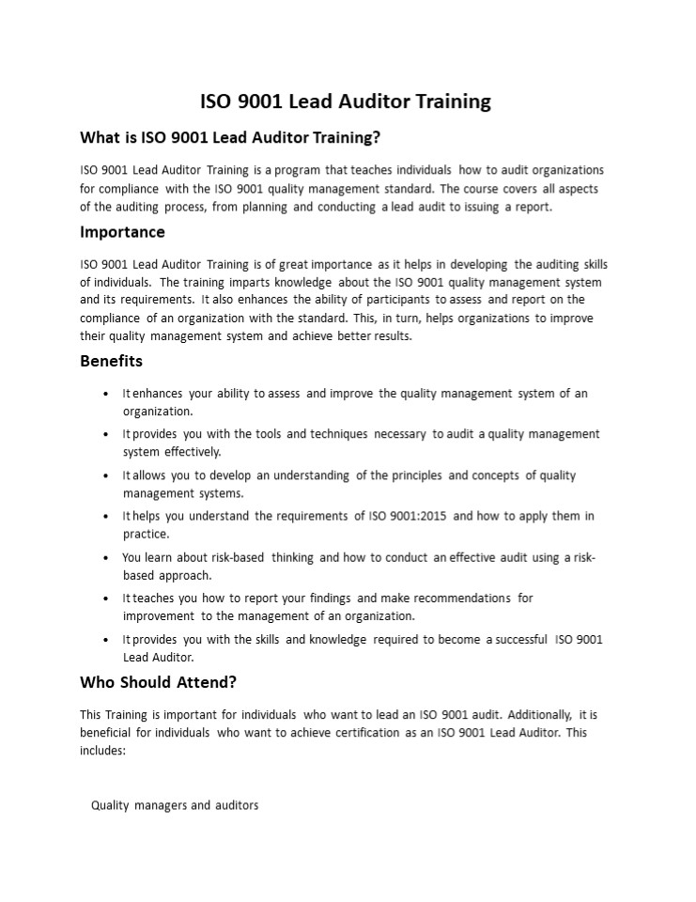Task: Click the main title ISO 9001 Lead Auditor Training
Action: pyautogui.click(x=346, y=101)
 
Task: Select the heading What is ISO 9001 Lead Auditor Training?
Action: pyautogui.click(x=230, y=138)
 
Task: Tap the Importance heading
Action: pyautogui.click(x=122, y=232)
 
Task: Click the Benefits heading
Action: pyautogui.click(x=111, y=361)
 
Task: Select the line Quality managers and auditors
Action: pyautogui.click(x=175, y=805)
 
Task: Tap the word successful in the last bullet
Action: pyautogui.click(x=516, y=639)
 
